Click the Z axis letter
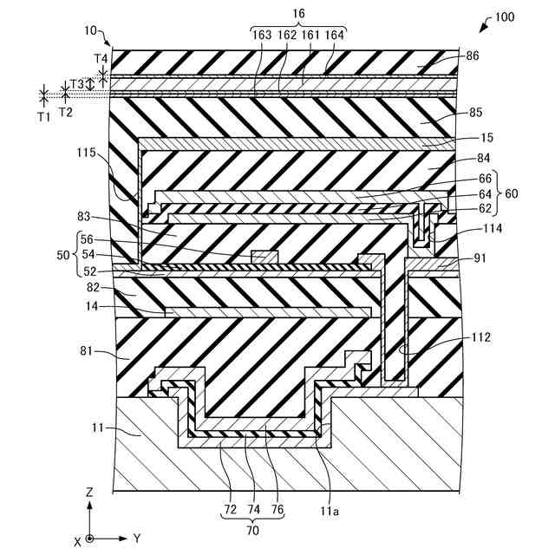89,491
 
